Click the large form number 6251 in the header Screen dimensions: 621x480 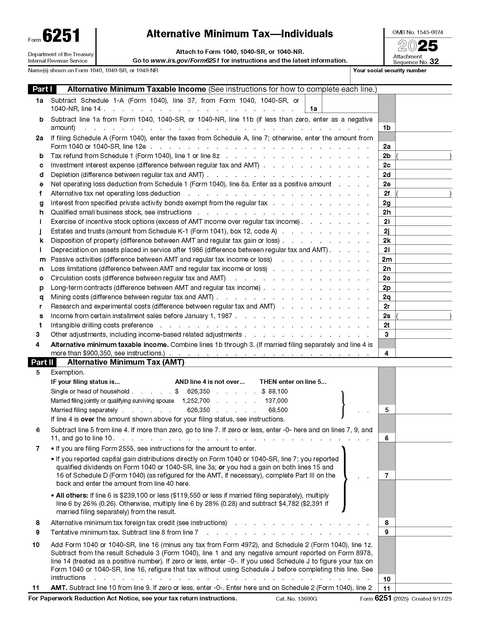[61, 36]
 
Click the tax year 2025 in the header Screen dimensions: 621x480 [417, 46]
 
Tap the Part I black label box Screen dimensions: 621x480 [42, 89]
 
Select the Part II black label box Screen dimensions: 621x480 [42, 362]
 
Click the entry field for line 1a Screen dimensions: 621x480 [350, 104]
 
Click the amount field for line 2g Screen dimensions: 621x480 [423, 203]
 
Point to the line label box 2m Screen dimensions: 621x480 [387, 259]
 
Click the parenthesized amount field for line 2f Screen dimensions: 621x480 [423, 194]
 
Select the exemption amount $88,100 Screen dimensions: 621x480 [275, 392]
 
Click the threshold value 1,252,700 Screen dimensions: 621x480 [196, 401]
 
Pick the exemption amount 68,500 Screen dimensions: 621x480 [278, 410]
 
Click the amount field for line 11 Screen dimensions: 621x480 [423, 588]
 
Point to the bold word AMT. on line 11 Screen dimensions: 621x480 [59, 588]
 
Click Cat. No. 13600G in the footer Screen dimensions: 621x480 [296, 599]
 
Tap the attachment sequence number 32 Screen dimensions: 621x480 [434, 62]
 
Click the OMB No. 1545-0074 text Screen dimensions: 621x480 [417, 32]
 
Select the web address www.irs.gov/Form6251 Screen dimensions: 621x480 [185, 61]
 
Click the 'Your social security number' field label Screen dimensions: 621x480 [390, 71]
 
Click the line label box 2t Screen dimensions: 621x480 [387, 325]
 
